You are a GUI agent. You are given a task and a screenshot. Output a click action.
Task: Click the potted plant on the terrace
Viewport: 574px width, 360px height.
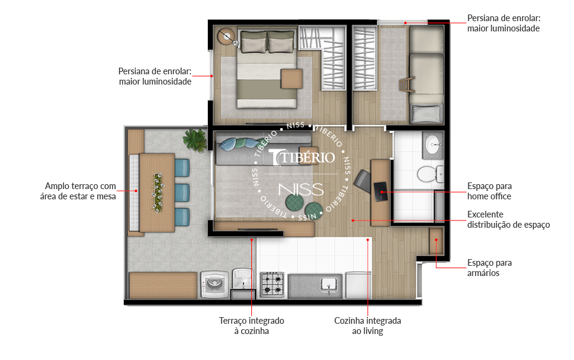pyautogui.click(x=195, y=140)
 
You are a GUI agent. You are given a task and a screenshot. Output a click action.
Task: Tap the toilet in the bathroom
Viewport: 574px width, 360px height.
pyautogui.click(x=430, y=174)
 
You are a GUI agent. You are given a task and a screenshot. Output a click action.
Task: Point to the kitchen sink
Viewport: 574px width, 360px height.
pyautogui.click(x=329, y=284)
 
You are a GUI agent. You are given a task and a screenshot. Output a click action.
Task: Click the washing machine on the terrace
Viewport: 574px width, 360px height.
pyautogui.click(x=215, y=284)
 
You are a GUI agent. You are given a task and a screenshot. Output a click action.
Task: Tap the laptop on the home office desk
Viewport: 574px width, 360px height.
pyautogui.click(x=380, y=191)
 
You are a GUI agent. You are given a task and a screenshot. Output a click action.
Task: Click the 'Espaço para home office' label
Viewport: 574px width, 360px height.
pyautogui.click(x=489, y=191)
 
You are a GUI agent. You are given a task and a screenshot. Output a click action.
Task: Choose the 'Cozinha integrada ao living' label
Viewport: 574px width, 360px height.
pyautogui.click(x=367, y=326)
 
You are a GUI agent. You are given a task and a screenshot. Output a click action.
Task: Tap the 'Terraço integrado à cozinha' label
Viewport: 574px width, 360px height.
pyautogui.click(x=251, y=326)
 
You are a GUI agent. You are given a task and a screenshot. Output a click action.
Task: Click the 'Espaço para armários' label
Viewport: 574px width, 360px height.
pyautogui.click(x=489, y=268)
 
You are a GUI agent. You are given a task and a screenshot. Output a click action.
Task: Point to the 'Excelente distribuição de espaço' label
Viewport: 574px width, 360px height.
pyautogui.click(x=509, y=219)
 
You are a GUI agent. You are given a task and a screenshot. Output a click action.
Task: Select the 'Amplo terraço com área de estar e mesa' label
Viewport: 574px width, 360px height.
pyautogui.click(x=78, y=191)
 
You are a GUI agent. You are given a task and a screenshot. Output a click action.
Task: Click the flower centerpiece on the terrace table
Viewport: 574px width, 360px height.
pyautogui.click(x=158, y=193)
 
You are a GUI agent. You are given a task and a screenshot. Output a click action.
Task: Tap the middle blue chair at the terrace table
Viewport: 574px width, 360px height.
pyautogui.click(x=182, y=193)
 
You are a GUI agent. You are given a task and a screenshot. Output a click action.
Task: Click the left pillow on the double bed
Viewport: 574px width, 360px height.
pyautogui.click(x=253, y=42)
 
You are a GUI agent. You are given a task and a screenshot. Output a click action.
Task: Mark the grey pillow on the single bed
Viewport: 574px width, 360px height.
pyautogui.click(x=426, y=114)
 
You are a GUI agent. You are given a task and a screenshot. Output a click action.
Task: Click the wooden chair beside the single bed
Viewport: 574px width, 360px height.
pyautogui.click(x=407, y=85)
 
